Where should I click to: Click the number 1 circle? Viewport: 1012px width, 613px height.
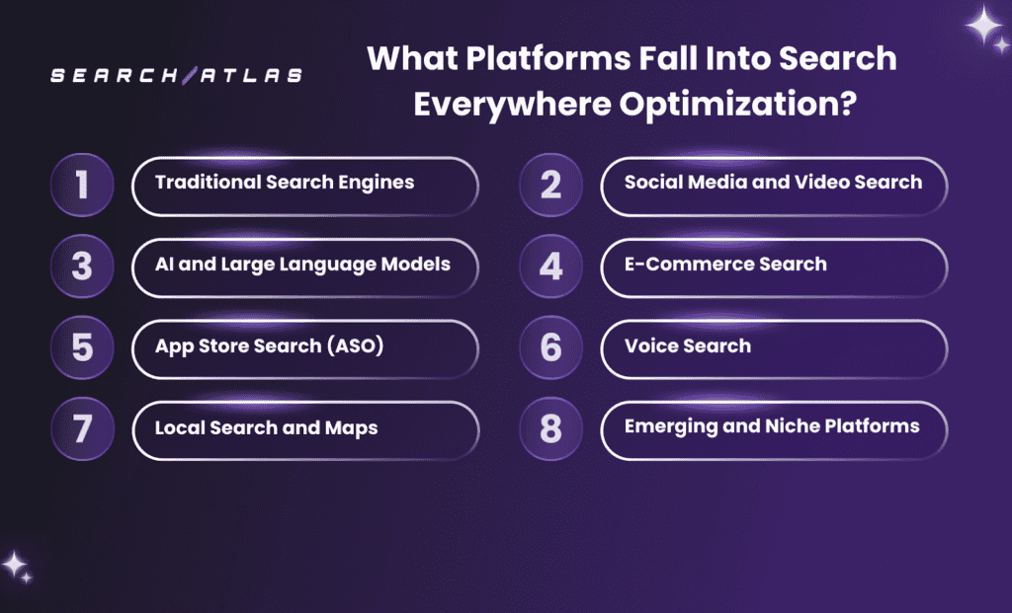tap(82, 185)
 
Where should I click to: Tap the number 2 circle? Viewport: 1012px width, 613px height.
tap(551, 185)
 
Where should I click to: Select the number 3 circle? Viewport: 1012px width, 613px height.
tap(82, 267)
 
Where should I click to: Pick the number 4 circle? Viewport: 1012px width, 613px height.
tap(551, 267)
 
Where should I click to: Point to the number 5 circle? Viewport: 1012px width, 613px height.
tap(82, 348)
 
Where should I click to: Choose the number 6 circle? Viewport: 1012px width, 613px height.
tap(551, 348)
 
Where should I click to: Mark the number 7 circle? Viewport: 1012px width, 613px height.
tap(82, 429)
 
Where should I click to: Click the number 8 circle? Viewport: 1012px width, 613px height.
tap(551, 429)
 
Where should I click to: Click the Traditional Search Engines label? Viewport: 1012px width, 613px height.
tap(285, 182)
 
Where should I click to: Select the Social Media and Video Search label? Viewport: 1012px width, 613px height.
tap(773, 182)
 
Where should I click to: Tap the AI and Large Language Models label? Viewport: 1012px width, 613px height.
tap(302, 264)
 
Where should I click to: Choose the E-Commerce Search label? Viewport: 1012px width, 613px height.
tap(725, 264)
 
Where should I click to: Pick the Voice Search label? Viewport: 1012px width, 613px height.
tap(687, 345)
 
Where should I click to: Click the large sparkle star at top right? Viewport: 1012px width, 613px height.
tap(984, 26)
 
